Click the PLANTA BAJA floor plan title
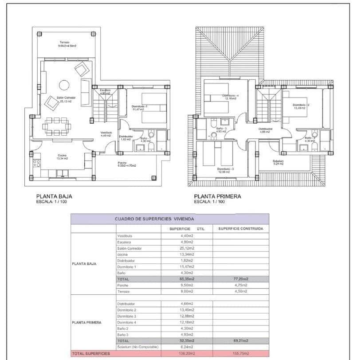point(54,196)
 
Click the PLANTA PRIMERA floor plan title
point(217,196)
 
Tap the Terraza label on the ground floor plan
point(65,43)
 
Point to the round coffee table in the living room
point(64,84)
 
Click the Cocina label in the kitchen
point(62,156)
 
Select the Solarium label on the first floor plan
point(278,161)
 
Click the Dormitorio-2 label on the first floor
point(301,105)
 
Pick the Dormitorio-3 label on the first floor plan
point(225,169)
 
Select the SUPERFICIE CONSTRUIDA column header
point(240,229)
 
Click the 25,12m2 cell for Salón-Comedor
point(186,248)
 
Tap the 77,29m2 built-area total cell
point(240,279)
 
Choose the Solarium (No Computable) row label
point(137,347)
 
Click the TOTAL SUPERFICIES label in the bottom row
point(90,353)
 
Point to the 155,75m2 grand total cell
point(240,353)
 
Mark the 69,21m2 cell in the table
point(240,340)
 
